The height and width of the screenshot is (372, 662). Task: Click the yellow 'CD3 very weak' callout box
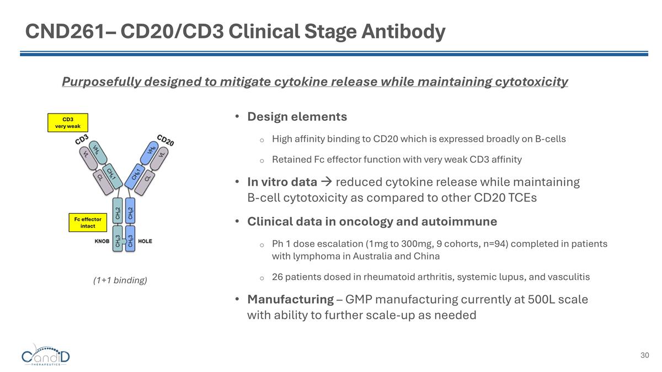68,122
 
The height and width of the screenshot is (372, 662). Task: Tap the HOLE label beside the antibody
145,241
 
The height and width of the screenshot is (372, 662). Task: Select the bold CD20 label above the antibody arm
165,140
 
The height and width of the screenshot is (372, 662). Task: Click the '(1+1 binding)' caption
120,281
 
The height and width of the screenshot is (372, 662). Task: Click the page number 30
644,355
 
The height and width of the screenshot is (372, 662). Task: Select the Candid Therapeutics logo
46,355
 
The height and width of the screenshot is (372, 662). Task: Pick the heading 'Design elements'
297,117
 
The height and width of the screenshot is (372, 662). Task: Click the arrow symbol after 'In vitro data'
326,182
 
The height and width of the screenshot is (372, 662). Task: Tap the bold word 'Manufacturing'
290,300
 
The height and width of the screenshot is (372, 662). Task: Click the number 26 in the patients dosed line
277,277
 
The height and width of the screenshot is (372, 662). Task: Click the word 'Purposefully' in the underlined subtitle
101,82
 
